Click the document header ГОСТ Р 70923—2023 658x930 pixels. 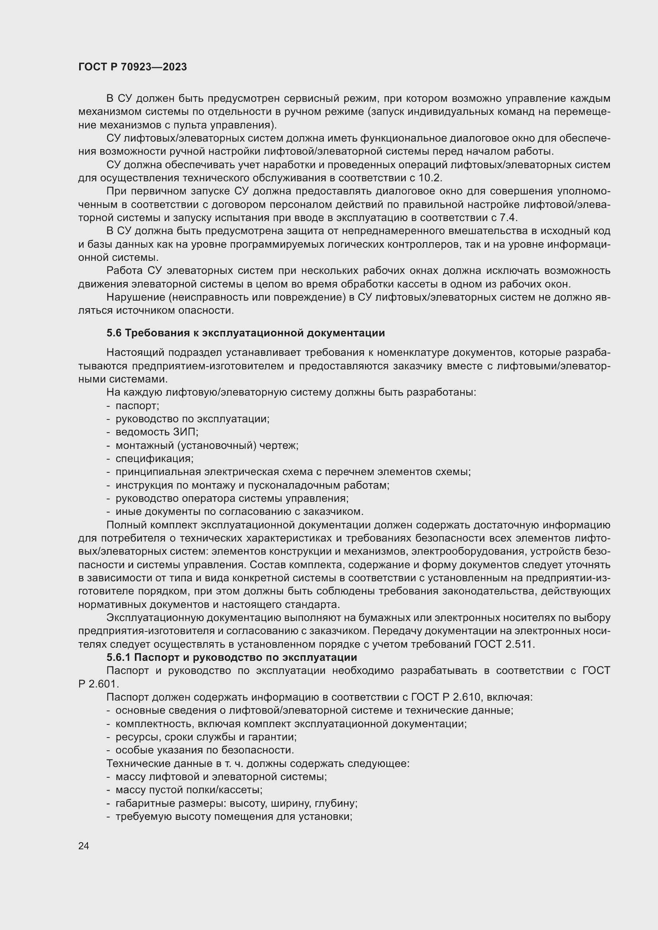click(x=132, y=67)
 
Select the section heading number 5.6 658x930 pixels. click(x=114, y=333)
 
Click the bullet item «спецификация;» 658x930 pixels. click(x=154, y=458)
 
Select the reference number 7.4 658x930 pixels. click(x=508, y=218)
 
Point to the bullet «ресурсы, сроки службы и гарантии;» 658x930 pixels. click(x=206, y=737)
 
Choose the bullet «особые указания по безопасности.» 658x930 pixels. click(x=204, y=750)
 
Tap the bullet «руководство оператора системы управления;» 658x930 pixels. click(x=232, y=498)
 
